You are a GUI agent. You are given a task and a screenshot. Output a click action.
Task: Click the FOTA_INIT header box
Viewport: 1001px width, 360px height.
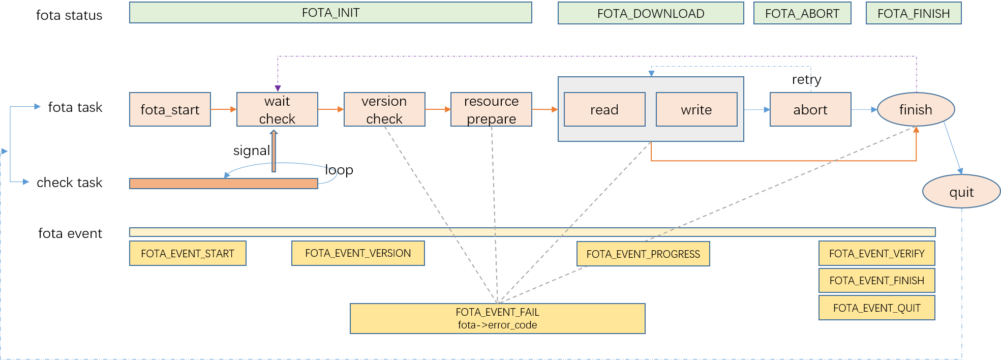pyautogui.click(x=330, y=13)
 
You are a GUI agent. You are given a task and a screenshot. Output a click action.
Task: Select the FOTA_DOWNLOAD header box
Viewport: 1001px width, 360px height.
pyautogui.click(x=651, y=13)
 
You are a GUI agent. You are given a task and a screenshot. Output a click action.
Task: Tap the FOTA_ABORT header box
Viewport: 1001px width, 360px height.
pyautogui.click(x=802, y=13)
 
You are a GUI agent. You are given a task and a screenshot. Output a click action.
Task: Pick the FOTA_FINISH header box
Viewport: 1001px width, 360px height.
pyautogui.click(x=914, y=13)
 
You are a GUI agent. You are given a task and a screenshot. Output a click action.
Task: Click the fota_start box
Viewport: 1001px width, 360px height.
pyautogui.click(x=170, y=109)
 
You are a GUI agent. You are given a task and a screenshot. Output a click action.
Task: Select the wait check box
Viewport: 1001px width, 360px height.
pyautogui.click(x=277, y=109)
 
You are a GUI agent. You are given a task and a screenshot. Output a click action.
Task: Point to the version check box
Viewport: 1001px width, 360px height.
pyautogui.click(x=384, y=109)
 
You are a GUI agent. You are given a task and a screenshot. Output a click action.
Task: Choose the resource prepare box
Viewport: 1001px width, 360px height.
pyautogui.click(x=491, y=109)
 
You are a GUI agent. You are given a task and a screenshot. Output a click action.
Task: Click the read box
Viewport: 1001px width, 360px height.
pyautogui.click(x=604, y=109)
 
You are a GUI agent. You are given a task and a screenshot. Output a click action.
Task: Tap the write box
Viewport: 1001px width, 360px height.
pyautogui.click(x=696, y=109)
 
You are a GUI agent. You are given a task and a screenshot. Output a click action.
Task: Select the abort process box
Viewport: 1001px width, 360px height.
pyautogui.click(x=810, y=109)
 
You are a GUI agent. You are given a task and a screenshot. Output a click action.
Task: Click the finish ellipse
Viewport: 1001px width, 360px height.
pyautogui.click(x=916, y=109)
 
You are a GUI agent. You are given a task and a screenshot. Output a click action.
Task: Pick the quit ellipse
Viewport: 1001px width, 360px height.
pyautogui.click(x=961, y=192)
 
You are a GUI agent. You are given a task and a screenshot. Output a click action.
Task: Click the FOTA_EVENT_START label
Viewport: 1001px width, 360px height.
pyautogui.click(x=188, y=253)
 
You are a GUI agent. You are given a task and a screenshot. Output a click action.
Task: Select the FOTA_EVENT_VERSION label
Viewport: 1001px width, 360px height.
pyautogui.click(x=358, y=253)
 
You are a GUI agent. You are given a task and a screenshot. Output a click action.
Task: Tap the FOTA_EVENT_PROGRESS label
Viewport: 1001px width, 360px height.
pyautogui.click(x=643, y=254)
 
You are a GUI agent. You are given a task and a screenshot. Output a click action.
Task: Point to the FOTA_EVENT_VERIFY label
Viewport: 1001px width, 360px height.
pyautogui.click(x=876, y=253)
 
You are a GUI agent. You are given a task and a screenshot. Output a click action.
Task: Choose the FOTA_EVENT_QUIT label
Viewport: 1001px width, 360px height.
pyautogui.click(x=876, y=308)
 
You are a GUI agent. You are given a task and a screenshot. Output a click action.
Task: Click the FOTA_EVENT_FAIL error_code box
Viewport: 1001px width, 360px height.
pyautogui.click(x=497, y=318)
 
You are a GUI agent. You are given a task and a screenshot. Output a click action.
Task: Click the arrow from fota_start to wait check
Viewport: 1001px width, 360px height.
pyautogui.click(x=224, y=109)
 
